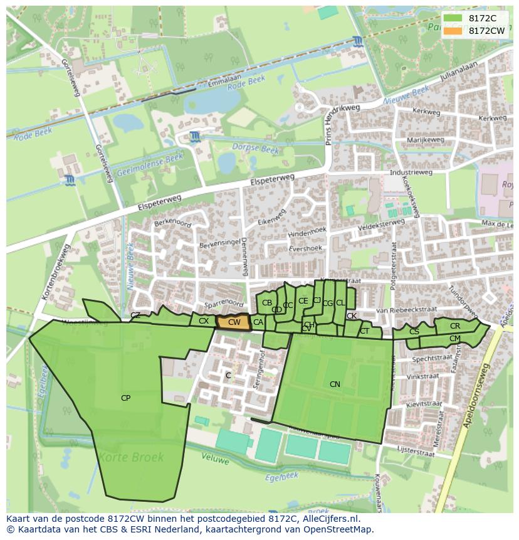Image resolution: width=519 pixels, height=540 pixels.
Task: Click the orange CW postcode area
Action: (234, 322)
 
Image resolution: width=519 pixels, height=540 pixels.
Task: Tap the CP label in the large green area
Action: (125, 398)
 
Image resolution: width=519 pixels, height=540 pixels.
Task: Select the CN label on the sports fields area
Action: (335, 384)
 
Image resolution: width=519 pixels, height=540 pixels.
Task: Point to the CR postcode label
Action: (455, 326)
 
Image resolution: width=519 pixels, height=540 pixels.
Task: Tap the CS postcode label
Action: (414, 331)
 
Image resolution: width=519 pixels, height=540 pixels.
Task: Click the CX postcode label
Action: (204, 321)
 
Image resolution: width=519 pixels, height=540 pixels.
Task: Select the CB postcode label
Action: (267, 303)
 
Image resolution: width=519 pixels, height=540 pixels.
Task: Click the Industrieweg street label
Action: (411, 172)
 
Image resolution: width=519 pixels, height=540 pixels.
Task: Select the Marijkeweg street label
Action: (425, 140)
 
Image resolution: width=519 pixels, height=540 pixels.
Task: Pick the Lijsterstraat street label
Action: (416, 450)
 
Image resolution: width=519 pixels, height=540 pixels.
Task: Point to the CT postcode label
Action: (364, 331)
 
